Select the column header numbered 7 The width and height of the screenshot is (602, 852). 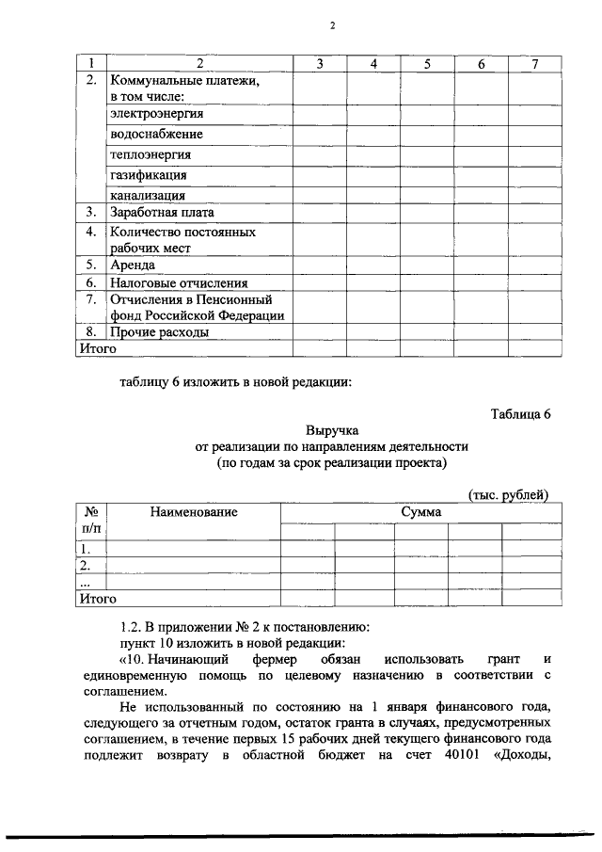coord(534,63)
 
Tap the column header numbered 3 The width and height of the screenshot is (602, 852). coord(319,63)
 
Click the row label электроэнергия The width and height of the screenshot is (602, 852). coord(156,114)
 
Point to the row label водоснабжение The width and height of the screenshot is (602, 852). coord(156,135)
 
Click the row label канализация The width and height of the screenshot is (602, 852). coord(148,196)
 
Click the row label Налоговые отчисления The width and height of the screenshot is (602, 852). coord(179,282)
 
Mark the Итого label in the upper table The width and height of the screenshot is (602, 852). coord(97,349)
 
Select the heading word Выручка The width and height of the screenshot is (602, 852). coord(332,430)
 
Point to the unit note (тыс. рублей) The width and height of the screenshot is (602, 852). coord(508,495)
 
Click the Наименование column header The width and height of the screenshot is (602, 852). coord(193,512)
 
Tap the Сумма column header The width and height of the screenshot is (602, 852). coord(420,512)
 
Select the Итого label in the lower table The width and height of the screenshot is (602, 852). coord(97,598)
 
